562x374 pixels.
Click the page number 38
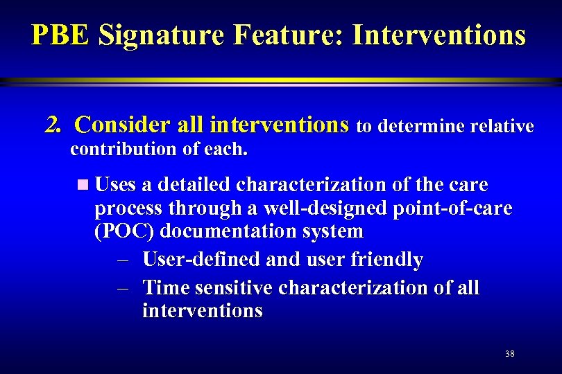click(x=510, y=354)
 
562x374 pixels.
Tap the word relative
click(x=502, y=127)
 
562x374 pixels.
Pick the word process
click(x=126, y=208)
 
